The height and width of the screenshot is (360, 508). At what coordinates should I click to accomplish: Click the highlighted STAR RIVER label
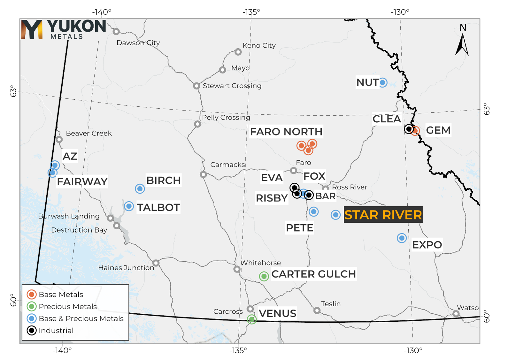click(x=383, y=215)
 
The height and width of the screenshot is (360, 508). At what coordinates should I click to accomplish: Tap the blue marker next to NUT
click(x=382, y=83)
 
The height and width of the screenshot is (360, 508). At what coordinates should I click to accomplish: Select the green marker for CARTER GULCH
click(x=264, y=276)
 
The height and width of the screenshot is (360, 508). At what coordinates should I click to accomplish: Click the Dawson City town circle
click(x=116, y=32)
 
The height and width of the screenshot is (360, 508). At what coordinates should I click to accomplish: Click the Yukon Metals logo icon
click(x=32, y=29)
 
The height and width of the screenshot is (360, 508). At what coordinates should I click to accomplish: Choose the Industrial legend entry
click(x=56, y=331)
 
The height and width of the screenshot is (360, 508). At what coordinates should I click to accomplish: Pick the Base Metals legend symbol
click(x=32, y=294)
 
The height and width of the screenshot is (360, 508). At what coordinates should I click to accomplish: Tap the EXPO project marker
click(x=402, y=238)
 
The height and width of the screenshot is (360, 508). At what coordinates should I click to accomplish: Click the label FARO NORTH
click(x=286, y=132)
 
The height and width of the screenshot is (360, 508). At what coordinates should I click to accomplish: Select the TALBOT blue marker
click(x=129, y=206)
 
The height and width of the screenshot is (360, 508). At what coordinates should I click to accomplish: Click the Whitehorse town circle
click(x=237, y=269)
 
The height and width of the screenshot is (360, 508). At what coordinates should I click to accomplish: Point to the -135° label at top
click(x=251, y=12)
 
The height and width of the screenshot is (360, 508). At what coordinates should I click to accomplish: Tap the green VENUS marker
click(x=252, y=319)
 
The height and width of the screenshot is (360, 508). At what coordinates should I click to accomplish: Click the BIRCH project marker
click(x=140, y=189)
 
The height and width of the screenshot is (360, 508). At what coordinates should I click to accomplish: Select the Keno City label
click(x=259, y=45)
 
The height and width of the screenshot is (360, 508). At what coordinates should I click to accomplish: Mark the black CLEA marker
click(x=409, y=129)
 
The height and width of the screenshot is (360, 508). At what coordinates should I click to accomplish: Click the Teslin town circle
click(x=317, y=310)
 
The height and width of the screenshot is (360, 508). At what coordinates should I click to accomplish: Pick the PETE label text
click(x=299, y=228)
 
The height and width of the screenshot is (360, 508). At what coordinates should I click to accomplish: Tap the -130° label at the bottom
click(x=412, y=350)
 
